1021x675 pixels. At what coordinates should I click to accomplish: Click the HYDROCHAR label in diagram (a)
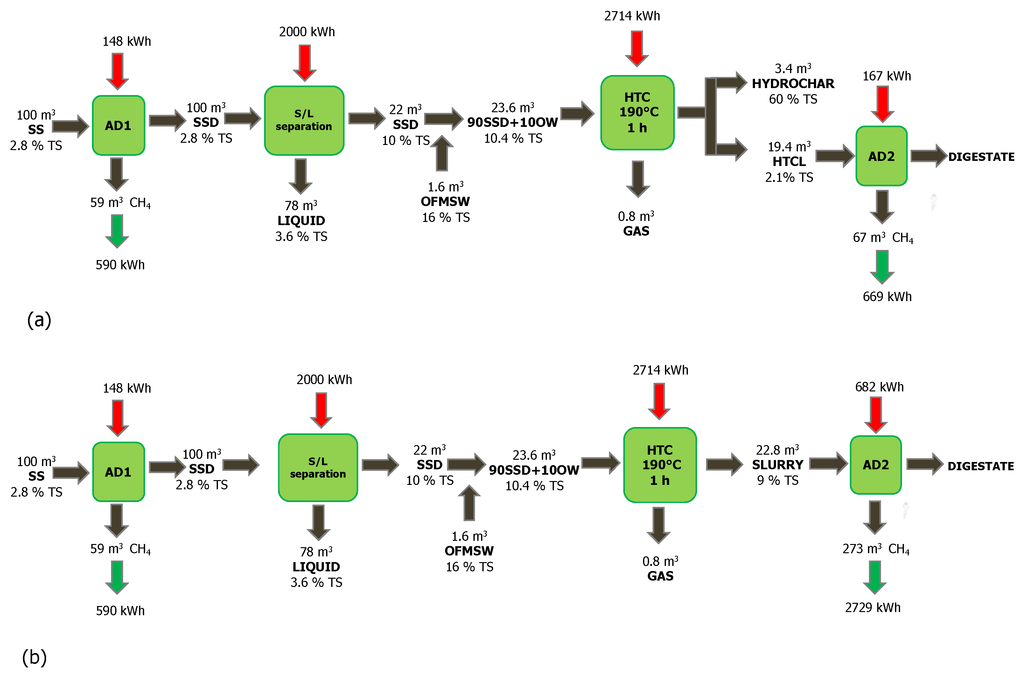pos(793,84)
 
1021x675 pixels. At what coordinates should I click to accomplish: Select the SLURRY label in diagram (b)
pos(778,465)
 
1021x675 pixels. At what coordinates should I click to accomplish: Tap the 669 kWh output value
pos(887,297)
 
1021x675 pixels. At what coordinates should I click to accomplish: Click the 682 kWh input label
pos(879,387)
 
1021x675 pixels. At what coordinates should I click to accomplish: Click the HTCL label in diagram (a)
pos(789,162)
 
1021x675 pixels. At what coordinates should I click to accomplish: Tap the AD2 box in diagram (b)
pos(875,465)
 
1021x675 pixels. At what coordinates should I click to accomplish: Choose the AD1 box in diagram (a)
pos(118,125)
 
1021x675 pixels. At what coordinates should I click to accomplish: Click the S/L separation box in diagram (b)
pos(318,467)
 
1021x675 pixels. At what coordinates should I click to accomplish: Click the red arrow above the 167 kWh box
pos(882,104)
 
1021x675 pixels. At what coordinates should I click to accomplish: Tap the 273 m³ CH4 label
pos(875,549)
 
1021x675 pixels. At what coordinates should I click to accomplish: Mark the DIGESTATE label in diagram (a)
pos(981,157)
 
